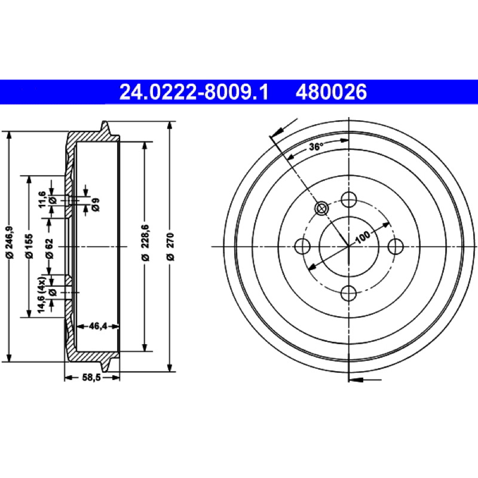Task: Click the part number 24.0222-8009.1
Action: pyautogui.click(x=194, y=92)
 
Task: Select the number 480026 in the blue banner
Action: pyautogui.click(x=331, y=92)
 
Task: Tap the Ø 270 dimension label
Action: pyautogui.click(x=170, y=246)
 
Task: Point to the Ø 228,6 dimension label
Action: pyautogui.click(x=146, y=243)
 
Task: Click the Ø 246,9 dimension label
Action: pyautogui.click(x=10, y=243)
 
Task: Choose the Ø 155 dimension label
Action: pyautogui.click(x=29, y=246)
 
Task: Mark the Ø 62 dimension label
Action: pyautogui.click(x=50, y=249)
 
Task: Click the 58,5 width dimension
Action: pyautogui.click(x=91, y=378)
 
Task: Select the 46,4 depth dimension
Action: pyautogui.click(x=98, y=326)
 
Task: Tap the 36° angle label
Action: pyautogui.click(x=315, y=147)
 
